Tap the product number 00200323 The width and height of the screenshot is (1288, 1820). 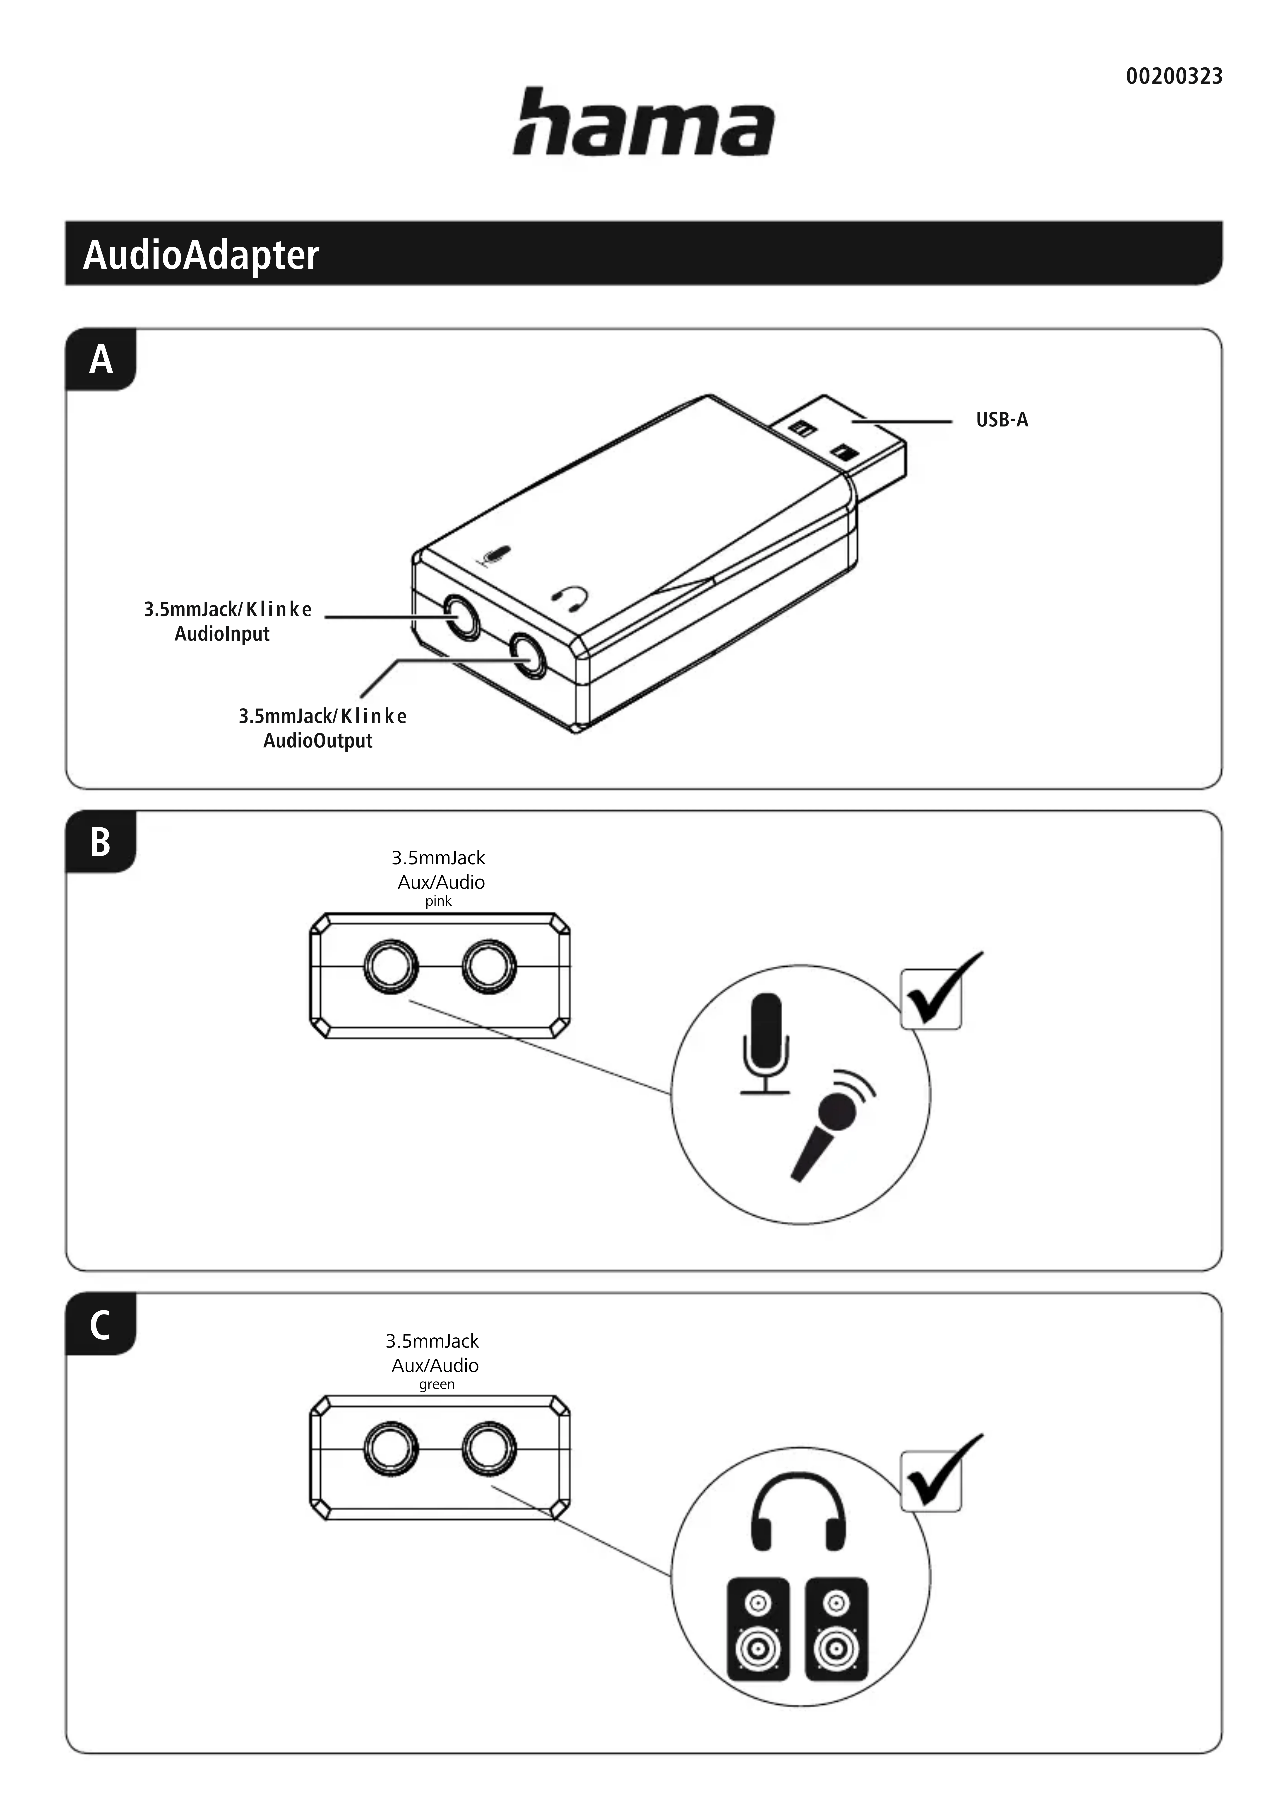tap(1174, 77)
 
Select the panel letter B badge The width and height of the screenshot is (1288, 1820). tap(101, 842)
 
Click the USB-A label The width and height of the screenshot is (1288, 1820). tap(1002, 420)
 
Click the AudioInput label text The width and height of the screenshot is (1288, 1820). tap(222, 634)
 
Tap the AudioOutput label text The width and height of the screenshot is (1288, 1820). tap(318, 741)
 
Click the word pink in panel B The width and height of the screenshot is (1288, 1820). tap(438, 901)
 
